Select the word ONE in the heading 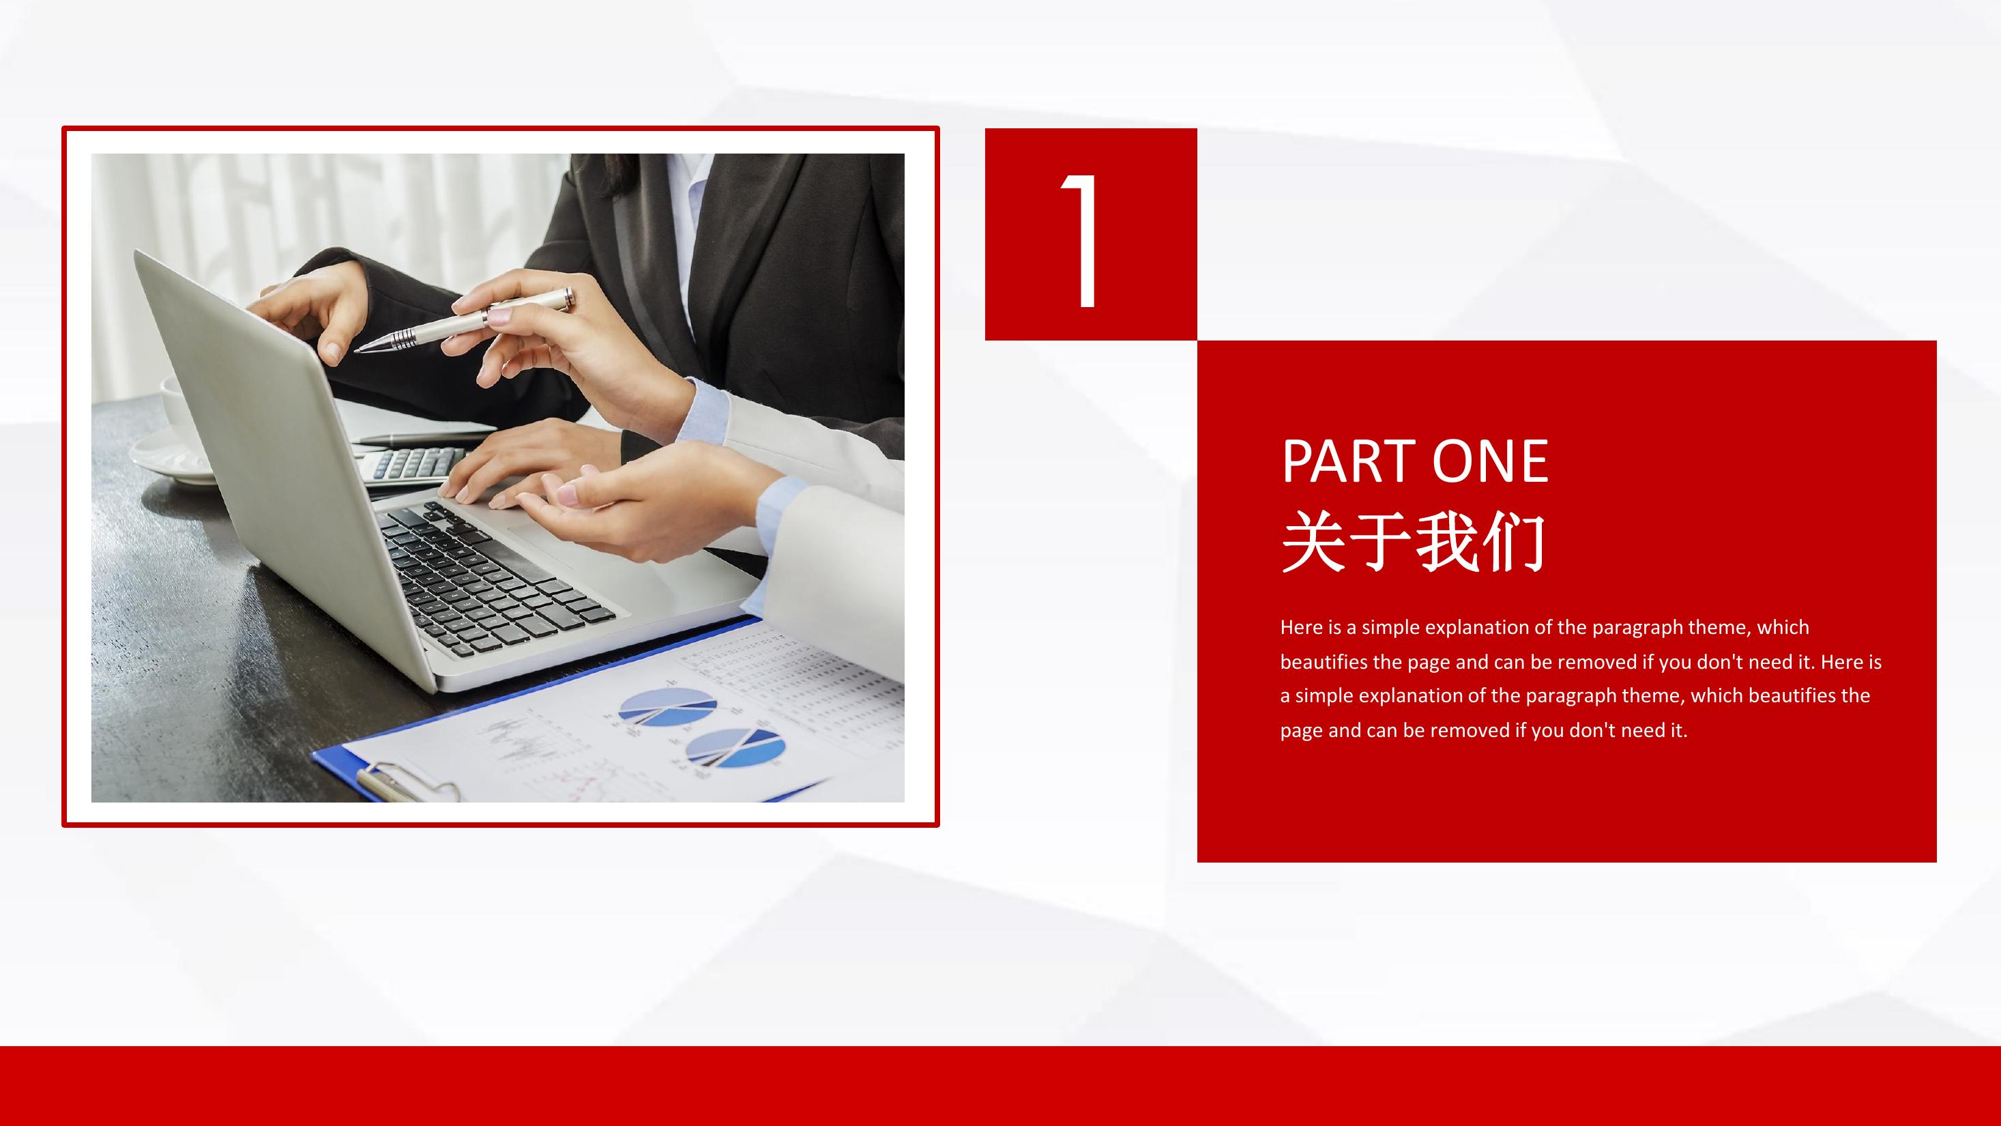pos(1491,461)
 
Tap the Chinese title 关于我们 pos(1413,542)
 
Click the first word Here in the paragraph pos(1301,627)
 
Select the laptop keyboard pos(493,579)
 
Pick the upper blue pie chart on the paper pos(667,706)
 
